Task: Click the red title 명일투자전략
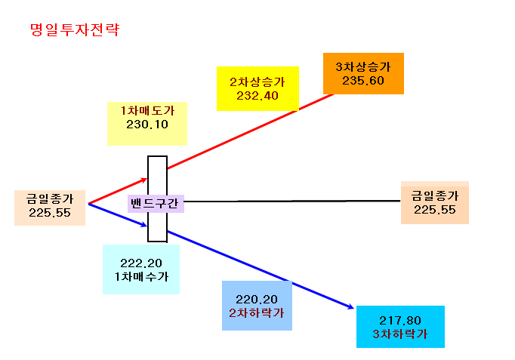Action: point(75,29)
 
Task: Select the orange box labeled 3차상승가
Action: point(363,73)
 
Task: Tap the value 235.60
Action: point(363,81)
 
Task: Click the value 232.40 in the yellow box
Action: point(257,96)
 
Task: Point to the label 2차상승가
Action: point(257,82)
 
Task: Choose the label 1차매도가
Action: point(147,111)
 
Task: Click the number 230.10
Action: point(147,125)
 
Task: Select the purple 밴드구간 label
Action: point(156,204)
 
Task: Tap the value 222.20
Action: point(141,263)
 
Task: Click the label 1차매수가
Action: point(141,277)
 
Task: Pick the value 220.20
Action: point(257,300)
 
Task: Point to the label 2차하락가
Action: point(257,312)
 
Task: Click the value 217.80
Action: point(400,320)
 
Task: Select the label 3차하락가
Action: point(400,334)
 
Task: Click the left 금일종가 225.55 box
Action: point(50,208)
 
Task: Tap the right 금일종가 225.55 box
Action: point(435,202)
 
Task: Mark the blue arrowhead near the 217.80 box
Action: point(350,307)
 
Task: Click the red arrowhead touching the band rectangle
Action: point(144,180)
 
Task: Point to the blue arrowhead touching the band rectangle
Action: point(144,225)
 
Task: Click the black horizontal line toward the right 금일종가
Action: point(292,201)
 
